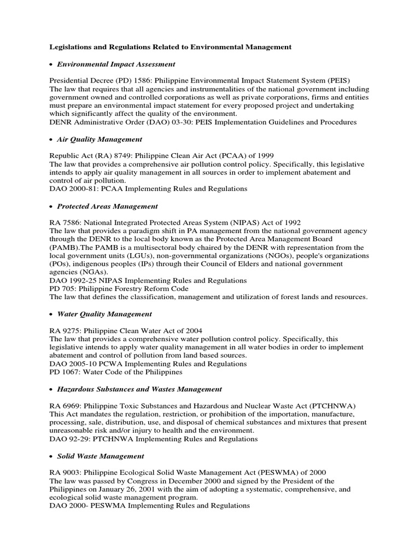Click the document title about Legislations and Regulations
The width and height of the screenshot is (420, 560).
[171, 48]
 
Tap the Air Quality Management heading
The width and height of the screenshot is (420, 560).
[100, 139]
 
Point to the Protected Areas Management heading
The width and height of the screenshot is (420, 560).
[108, 206]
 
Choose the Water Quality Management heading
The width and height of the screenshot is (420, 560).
[104, 314]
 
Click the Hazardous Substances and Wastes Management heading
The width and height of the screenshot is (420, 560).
[139, 389]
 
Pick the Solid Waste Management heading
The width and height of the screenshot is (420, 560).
[101, 456]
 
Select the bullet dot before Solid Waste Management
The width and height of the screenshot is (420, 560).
[51, 456]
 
